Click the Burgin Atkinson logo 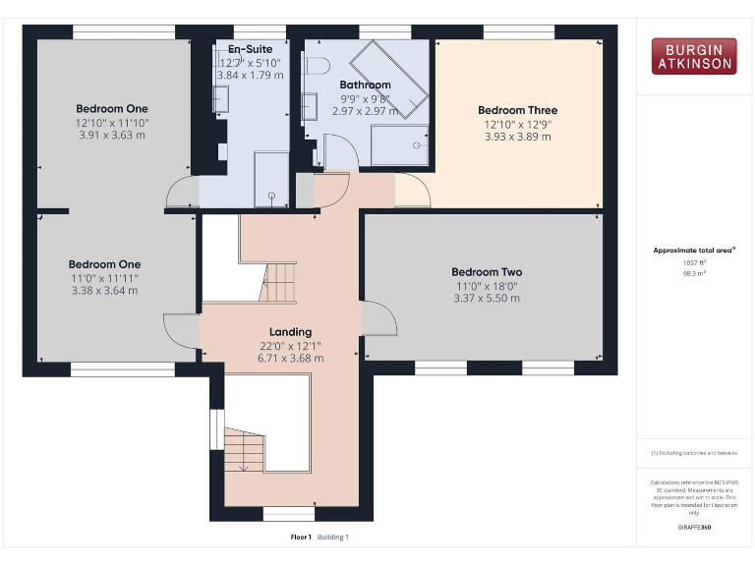tap(693, 56)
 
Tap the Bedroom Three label tap(517, 110)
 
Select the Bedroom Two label tap(487, 272)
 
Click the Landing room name tap(290, 332)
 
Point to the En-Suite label tap(250, 49)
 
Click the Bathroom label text tap(365, 85)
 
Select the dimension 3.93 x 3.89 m tap(517, 137)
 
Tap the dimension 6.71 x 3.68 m tap(290, 359)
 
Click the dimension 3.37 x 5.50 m tap(487, 298)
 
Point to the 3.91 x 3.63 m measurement tap(111, 135)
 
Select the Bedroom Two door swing tap(378, 317)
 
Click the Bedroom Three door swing tap(412, 191)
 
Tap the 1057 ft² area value tap(694, 262)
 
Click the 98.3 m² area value tap(694, 274)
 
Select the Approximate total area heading tap(694, 252)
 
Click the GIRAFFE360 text tap(694, 528)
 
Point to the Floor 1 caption tap(300, 538)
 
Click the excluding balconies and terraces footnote tap(694, 453)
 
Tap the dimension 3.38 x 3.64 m tap(104, 290)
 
